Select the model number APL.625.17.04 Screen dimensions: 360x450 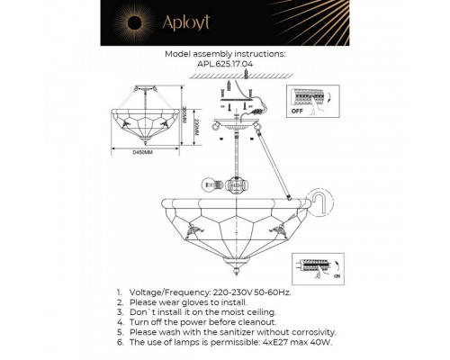(x=226, y=65)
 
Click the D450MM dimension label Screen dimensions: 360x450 (x=145, y=151)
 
